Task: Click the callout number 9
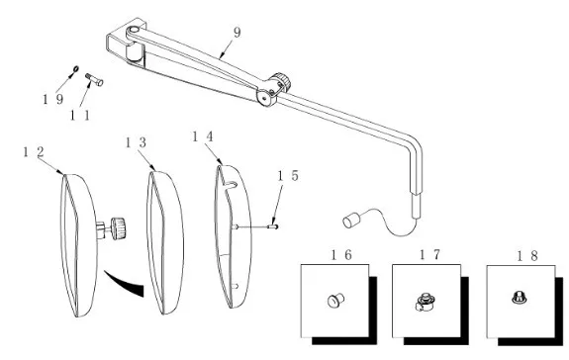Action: (237, 33)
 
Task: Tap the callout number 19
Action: (53, 99)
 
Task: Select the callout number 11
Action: (80, 116)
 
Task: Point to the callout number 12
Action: (34, 152)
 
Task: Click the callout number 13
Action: (136, 142)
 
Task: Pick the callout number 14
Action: (203, 136)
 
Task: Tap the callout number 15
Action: (288, 176)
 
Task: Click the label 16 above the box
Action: (341, 255)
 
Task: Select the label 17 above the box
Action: (430, 255)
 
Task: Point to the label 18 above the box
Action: (527, 256)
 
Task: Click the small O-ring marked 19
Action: (76, 69)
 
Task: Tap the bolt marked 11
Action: (94, 80)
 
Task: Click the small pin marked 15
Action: (273, 226)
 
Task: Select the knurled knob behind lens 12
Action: (118, 228)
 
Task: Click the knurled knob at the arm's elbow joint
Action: (281, 82)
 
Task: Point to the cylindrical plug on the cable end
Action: (351, 221)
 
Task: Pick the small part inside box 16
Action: (336, 301)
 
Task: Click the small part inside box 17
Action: (426, 303)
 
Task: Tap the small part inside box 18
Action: (520, 298)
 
